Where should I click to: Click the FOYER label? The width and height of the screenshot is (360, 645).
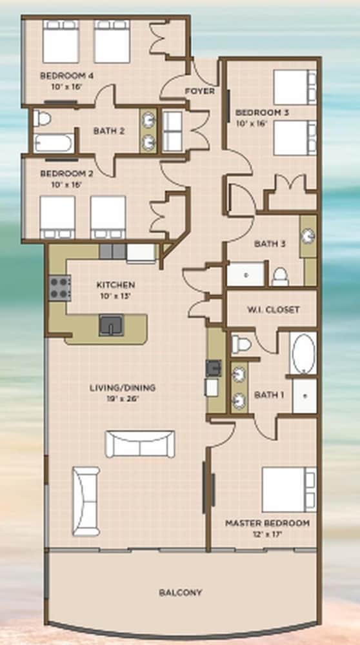click(x=199, y=91)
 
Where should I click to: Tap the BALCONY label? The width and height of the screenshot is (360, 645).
click(x=180, y=593)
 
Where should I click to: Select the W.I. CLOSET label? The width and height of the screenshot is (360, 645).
click(x=273, y=310)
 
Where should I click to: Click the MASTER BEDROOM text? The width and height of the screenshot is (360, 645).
click(x=268, y=523)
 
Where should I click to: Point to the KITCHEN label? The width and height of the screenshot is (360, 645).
click(x=115, y=284)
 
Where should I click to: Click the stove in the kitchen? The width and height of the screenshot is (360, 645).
click(x=59, y=288)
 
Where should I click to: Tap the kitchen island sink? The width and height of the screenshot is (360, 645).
click(x=111, y=325)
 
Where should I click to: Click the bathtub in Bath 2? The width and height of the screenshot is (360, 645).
click(x=54, y=143)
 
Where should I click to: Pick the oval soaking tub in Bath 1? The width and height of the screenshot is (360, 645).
click(x=303, y=353)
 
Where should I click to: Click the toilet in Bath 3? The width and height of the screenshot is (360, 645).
click(x=281, y=277)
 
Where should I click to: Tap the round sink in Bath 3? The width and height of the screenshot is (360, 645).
click(x=308, y=236)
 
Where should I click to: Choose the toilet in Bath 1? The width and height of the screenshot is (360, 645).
click(x=241, y=344)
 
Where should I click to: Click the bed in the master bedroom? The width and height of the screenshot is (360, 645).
click(x=289, y=490)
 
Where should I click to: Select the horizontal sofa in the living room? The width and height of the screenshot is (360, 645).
click(x=140, y=444)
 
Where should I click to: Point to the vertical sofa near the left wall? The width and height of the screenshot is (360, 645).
click(x=86, y=501)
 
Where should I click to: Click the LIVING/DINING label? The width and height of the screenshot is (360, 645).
click(x=123, y=388)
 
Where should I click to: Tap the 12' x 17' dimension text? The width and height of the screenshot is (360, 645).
click(x=268, y=534)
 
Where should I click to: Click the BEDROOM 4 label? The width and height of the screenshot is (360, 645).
click(x=66, y=75)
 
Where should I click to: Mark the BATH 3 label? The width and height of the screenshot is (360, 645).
click(x=270, y=244)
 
